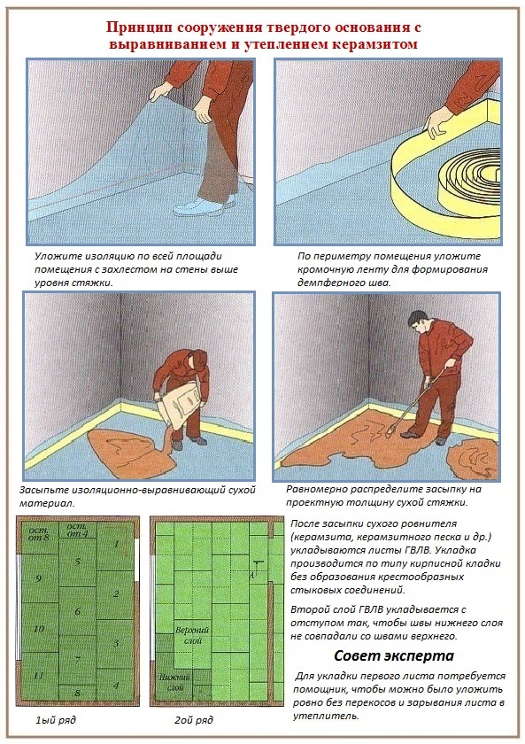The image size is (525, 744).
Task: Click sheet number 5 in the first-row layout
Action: point(77,562)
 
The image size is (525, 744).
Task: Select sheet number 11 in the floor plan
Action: point(38,674)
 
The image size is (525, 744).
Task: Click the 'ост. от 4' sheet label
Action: point(77,530)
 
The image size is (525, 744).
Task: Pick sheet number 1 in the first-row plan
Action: point(115,543)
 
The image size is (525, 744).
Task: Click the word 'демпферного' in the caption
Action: point(333,282)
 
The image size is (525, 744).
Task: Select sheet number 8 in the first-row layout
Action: point(77,692)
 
